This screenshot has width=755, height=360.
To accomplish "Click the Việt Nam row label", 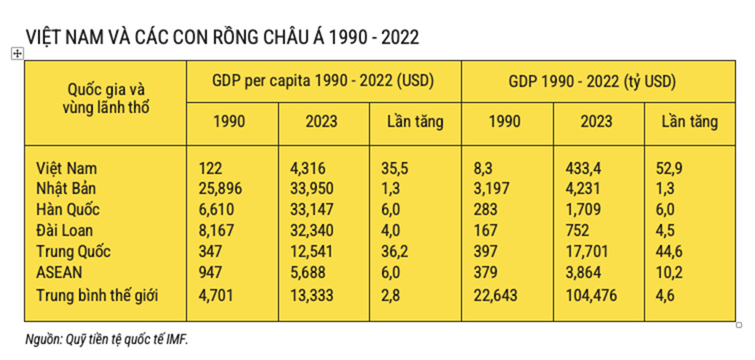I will point(67,169).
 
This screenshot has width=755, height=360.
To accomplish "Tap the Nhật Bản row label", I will point(66,189).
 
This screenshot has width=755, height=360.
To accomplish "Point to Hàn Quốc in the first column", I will point(68,210).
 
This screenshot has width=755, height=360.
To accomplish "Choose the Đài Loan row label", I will point(65,230).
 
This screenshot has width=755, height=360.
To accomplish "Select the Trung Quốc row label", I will point(74,252).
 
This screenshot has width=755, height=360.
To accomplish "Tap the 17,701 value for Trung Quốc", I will point(588,252).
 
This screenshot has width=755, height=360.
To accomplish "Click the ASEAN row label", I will point(60,273).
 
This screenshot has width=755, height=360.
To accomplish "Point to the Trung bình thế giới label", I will point(97,295).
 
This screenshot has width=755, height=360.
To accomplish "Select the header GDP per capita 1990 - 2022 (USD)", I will point(323,82).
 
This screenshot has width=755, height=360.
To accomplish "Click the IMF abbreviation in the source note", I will point(177,339).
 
